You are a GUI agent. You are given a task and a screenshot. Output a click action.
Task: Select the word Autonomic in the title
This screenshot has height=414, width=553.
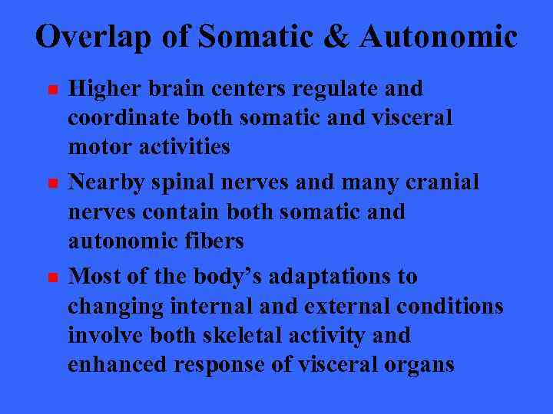tap(440, 37)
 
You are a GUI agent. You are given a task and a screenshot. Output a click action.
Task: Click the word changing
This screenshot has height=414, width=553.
tap(114, 307)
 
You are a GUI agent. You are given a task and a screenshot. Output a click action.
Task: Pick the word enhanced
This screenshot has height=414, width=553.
tap(118, 364)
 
